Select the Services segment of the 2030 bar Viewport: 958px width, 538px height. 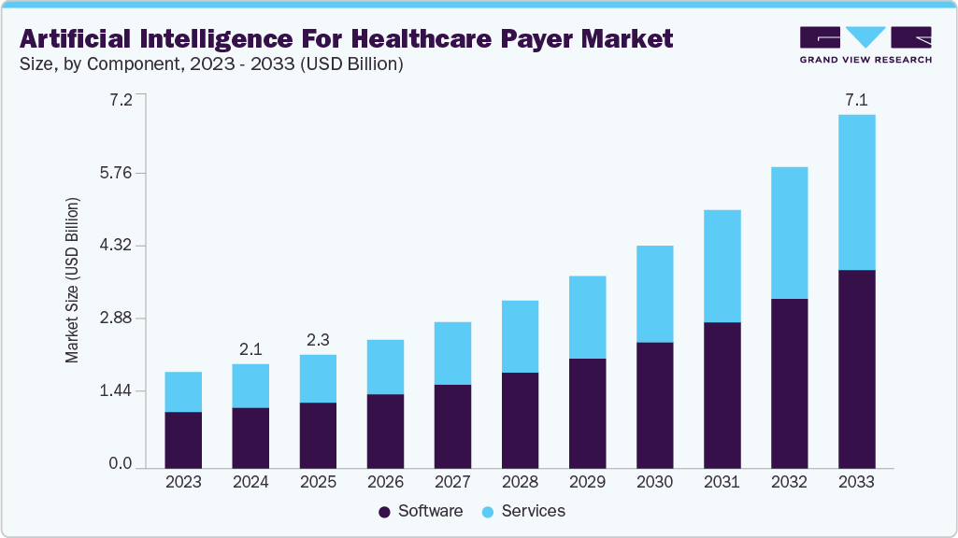[x=654, y=294]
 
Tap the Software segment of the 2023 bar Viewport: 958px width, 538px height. [x=183, y=440]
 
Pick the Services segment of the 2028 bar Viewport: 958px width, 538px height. [x=520, y=336]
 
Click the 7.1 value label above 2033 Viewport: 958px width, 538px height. [x=856, y=99]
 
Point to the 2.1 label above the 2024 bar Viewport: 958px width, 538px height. [x=250, y=349]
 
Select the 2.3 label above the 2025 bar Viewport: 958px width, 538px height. [x=318, y=340]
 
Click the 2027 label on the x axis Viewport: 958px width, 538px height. [x=452, y=483]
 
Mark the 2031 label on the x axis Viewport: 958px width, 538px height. [x=722, y=483]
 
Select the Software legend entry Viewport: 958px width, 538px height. [x=421, y=512]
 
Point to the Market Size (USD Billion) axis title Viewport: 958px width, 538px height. [x=72, y=280]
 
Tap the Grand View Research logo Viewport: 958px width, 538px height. [x=865, y=44]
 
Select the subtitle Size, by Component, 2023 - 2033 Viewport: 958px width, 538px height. [x=210, y=65]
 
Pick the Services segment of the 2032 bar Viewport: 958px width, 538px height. [x=789, y=234]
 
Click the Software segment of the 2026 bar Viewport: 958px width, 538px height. [x=385, y=431]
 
